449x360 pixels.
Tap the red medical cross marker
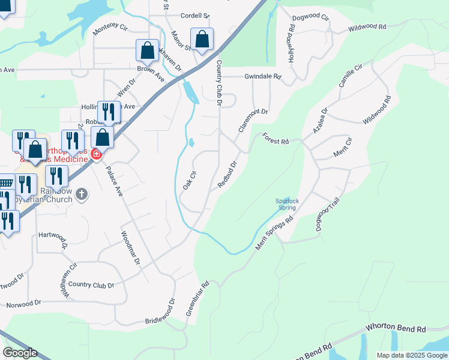[x=96, y=155]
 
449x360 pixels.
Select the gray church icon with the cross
[x=83, y=194]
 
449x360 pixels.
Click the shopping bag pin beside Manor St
[x=202, y=40]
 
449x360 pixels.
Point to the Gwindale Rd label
[x=262, y=77]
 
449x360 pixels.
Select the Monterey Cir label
[x=110, y=28]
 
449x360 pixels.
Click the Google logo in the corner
[x=20, y=353]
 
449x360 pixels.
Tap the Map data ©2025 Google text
[x=412, y=355]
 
